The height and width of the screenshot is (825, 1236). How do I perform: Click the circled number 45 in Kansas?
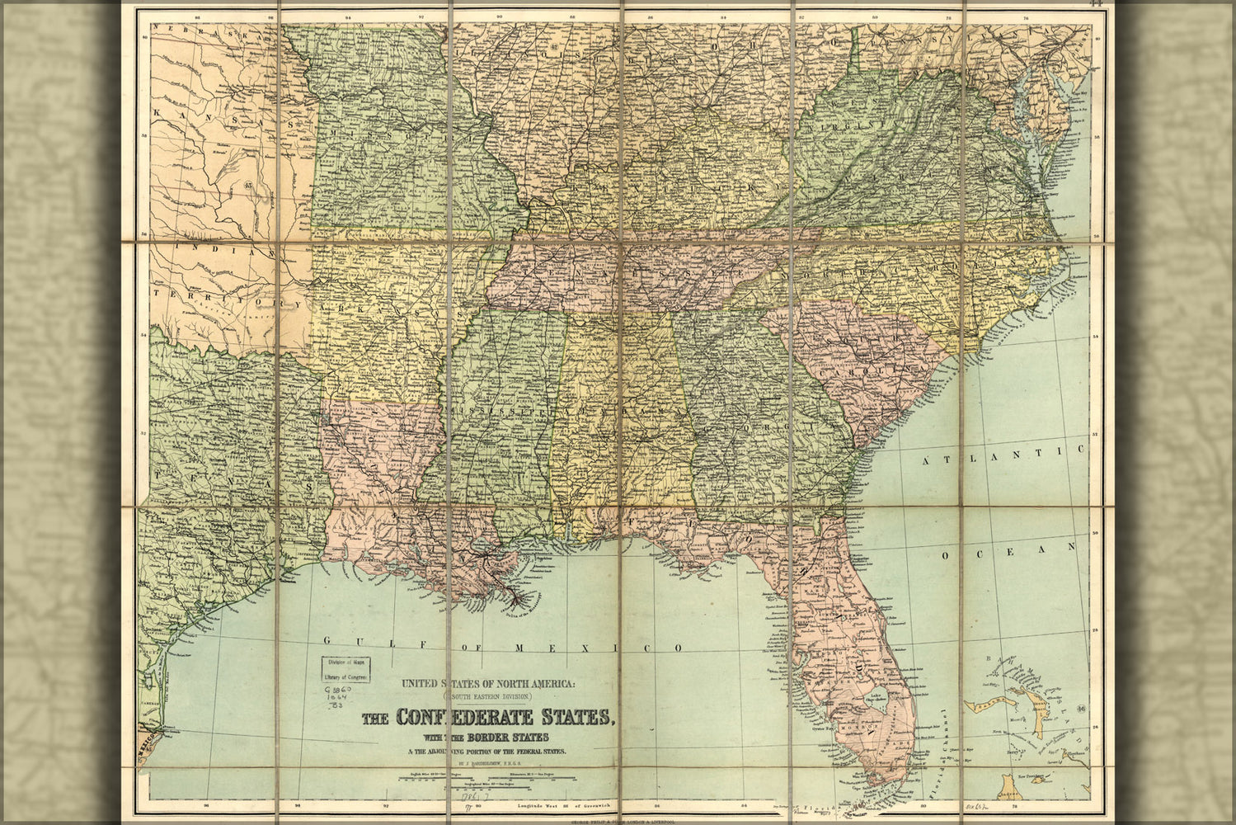(250, 186)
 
